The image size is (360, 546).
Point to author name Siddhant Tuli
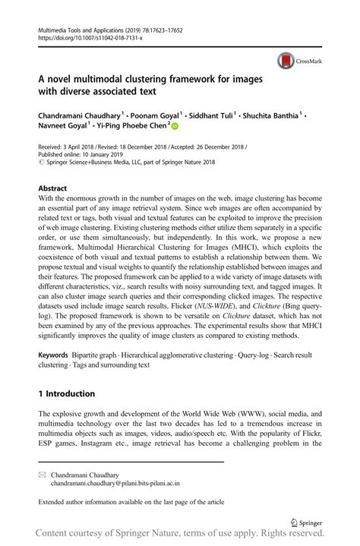pos(216,115)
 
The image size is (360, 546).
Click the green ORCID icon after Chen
pos(174,128)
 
